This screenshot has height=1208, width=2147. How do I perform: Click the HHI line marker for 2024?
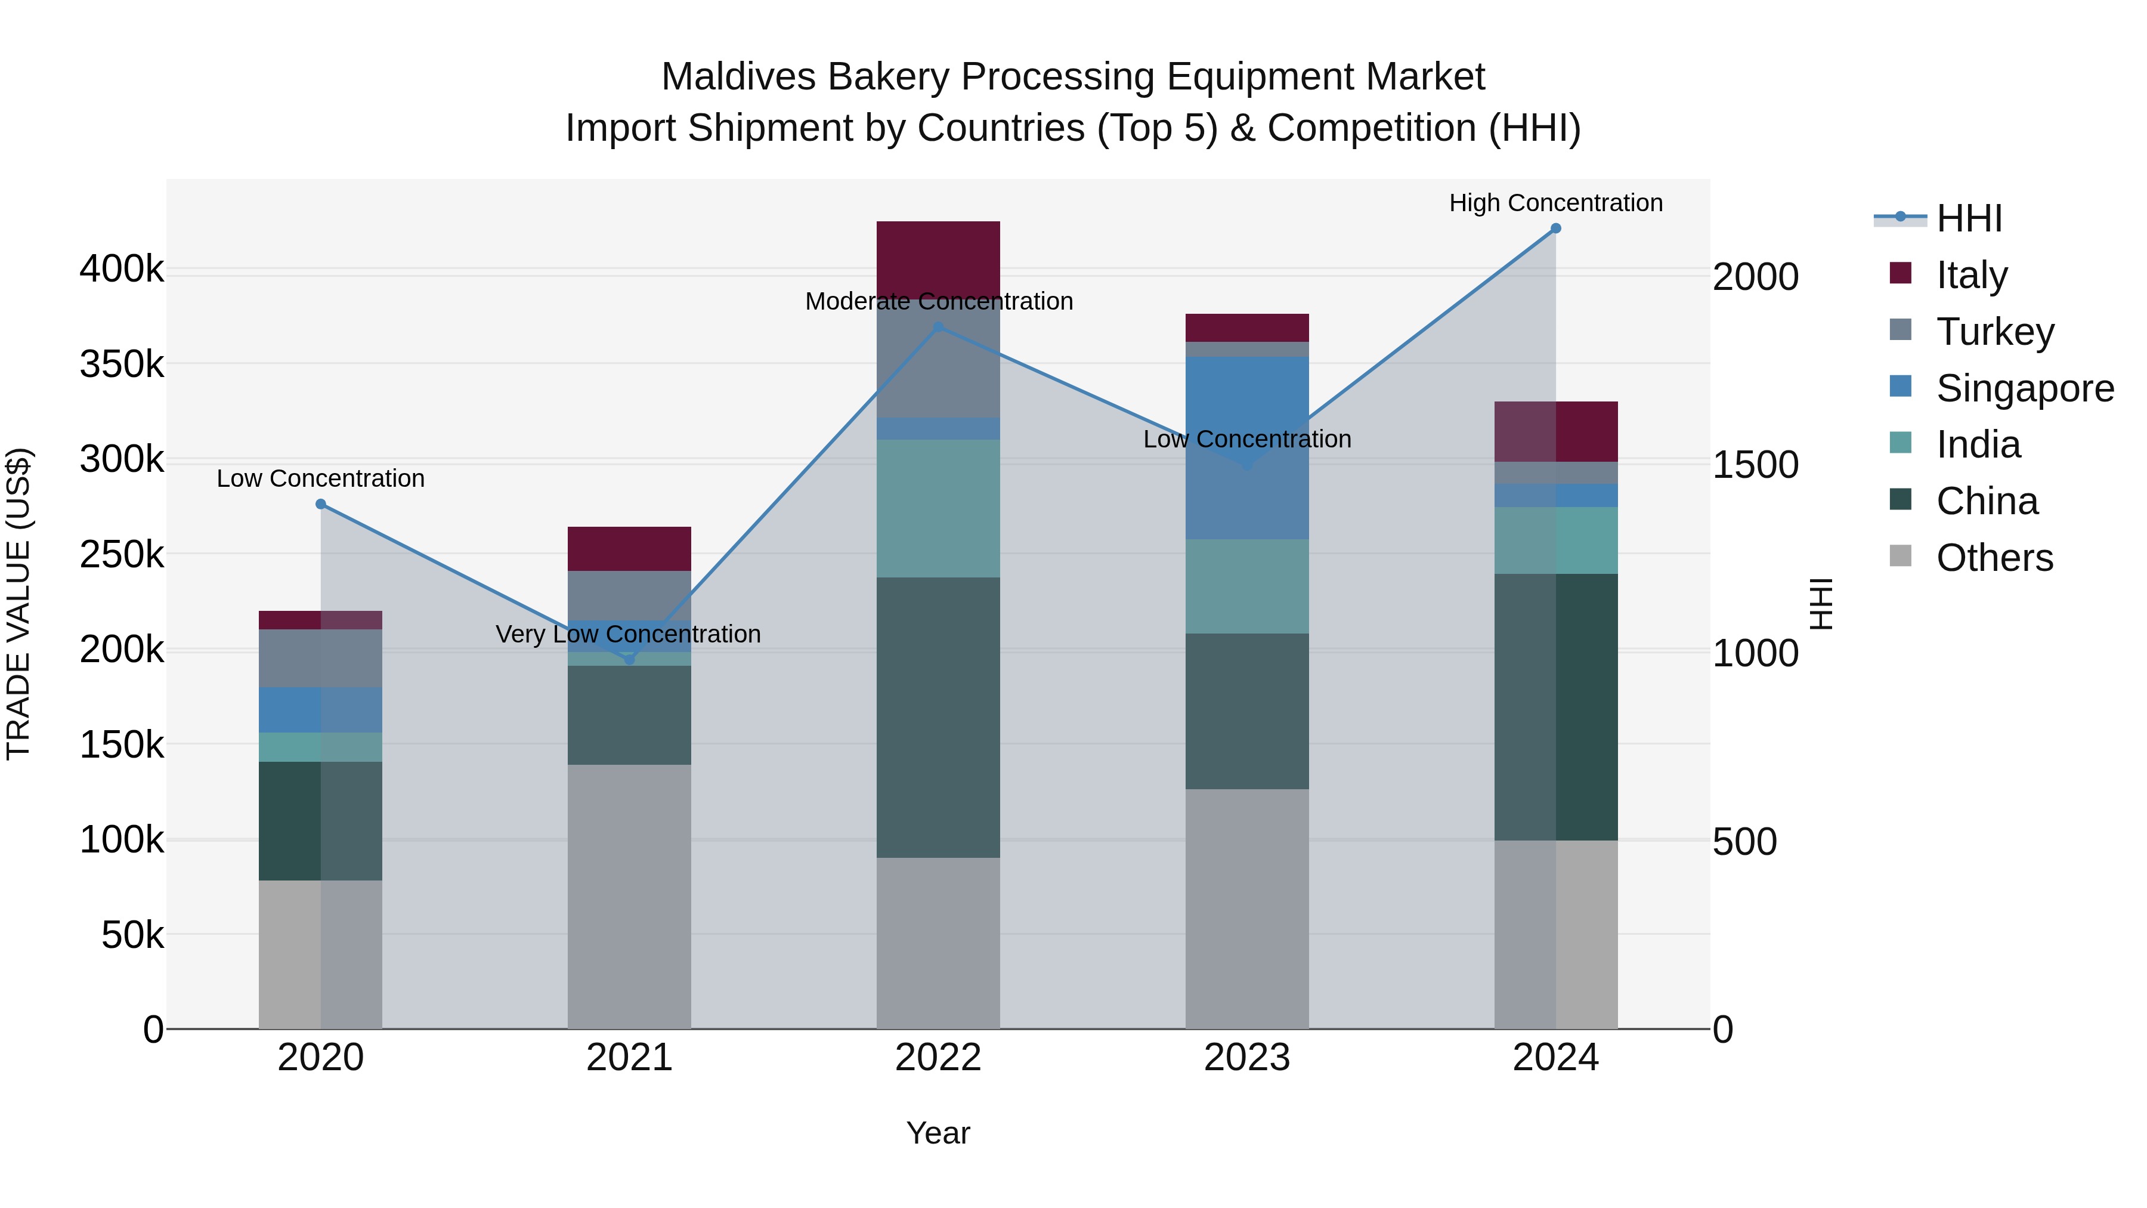1555,228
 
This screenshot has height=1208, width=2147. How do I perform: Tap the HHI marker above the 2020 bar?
321,504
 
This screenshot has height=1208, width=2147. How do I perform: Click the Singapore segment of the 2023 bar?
1247,447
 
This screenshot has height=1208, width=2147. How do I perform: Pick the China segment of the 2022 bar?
938,717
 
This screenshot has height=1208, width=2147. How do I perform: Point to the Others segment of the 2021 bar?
629,896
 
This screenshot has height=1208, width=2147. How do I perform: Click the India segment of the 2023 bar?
1247,586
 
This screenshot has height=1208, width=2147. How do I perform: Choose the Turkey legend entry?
1994,331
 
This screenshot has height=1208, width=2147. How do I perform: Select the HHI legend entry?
1968,218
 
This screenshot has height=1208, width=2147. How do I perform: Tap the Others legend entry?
1994,558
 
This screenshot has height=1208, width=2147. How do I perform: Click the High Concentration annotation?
1555,203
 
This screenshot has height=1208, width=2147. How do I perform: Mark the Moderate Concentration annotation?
939,301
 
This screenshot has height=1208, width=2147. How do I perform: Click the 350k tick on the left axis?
122,364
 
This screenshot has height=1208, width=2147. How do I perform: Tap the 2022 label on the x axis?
938,1058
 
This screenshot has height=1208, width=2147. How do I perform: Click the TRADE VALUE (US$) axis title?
18,604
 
